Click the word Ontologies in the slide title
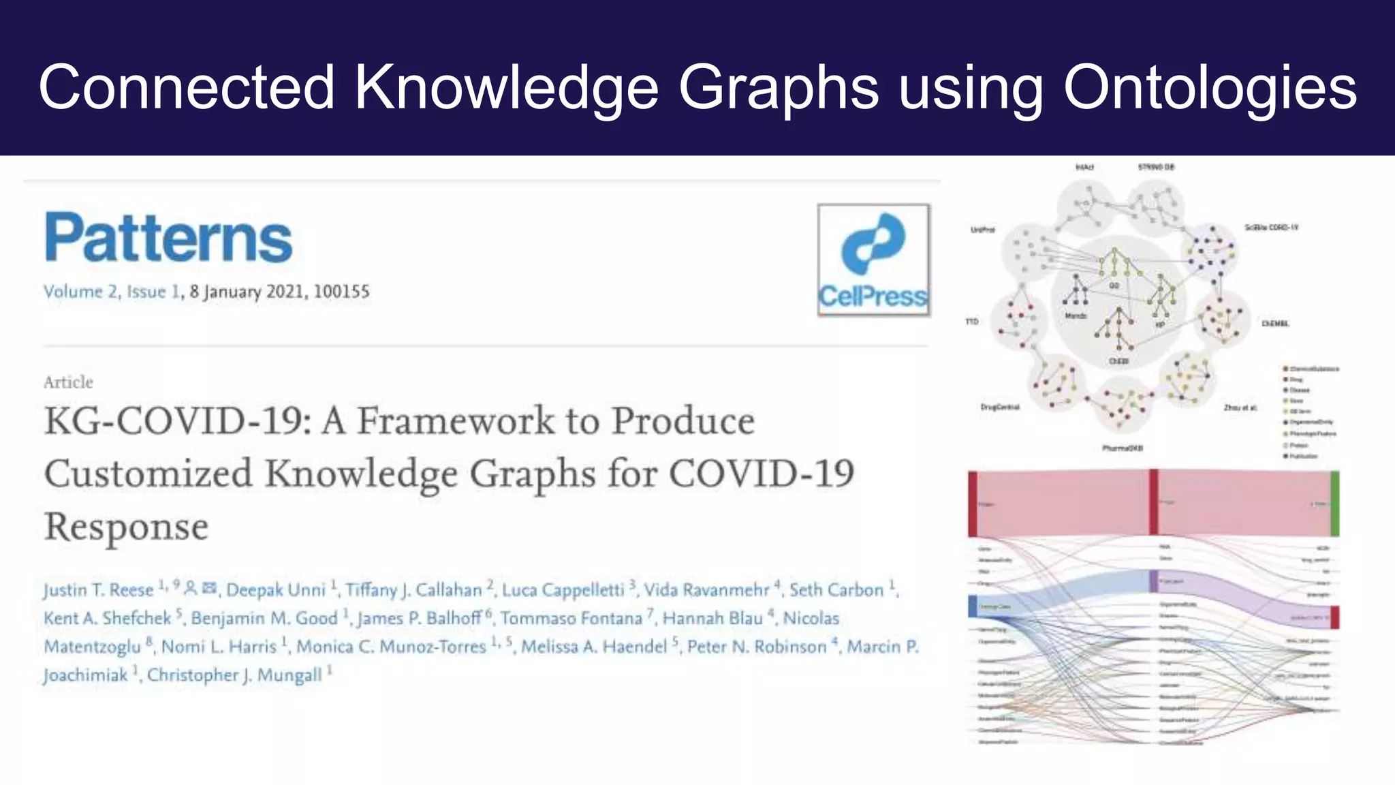click(x=1210, y=87)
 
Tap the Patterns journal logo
click(x=168, y=237)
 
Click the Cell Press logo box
click(x=873, y=260)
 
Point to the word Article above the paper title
click(x=68, y=382)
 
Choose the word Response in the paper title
click(x=126, y=527)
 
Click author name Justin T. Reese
click(x=98, y=590)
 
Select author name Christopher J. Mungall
click(x=234, y=675)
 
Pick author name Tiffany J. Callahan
click(x=413, y=590)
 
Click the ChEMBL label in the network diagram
click(x=1275, y=324)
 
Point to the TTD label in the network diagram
click(x=972, y=321)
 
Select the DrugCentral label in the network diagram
click(x=1000, y=407)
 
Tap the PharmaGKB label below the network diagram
click(x=1123, y=448)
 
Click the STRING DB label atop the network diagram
click(x=1156, y=167)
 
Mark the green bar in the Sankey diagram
click(x=1334, y=504)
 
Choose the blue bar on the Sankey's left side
click(x=973, y=606)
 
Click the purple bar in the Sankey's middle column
click(x=1154, y=581)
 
